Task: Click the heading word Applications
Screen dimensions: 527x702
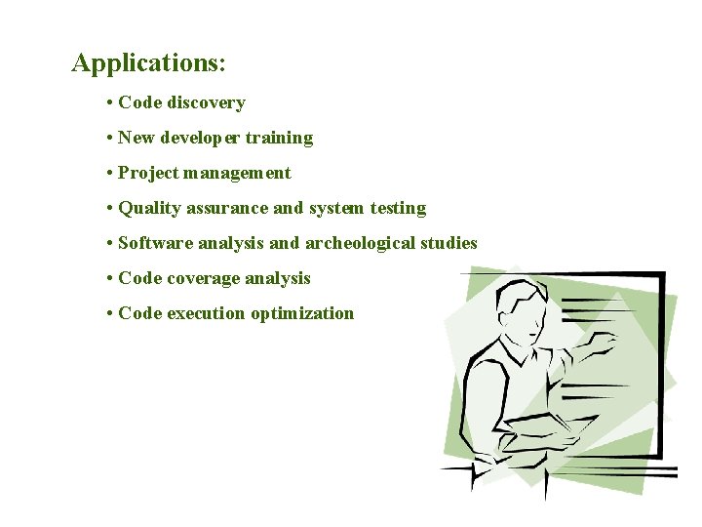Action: pos(146,63)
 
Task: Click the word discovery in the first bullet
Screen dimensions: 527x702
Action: pos(206,102)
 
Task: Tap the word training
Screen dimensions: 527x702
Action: pos(279,138)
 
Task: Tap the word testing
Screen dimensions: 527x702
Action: pos(398,208)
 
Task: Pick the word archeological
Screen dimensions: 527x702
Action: pos(363,243)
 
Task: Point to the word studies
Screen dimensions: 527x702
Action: pos(450,243)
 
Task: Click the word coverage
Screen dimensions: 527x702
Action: pos(203,278)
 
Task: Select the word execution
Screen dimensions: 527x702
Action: pos(206,313)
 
